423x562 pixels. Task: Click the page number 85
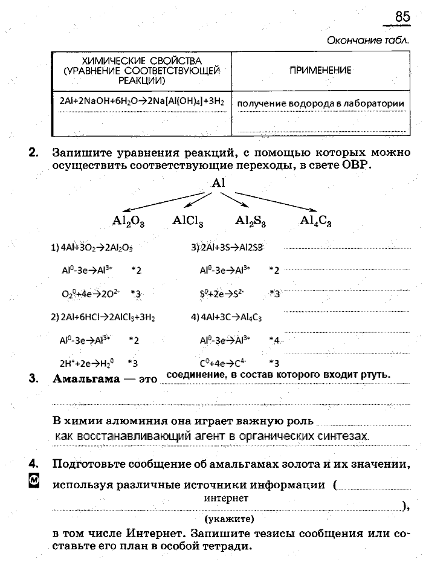(x=402, y=17)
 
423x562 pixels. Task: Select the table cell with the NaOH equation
(x=142, y=102)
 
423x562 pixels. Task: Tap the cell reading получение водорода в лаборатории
(x=320, y=103)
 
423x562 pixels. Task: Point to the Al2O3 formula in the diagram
(x=128, y=222)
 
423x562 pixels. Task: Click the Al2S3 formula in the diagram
(x=251, y=222)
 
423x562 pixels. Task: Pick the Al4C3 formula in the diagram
(x=315, y=222)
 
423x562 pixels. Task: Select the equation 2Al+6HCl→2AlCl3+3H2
(x=103, y=316)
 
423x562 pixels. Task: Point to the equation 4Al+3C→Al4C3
(x=227, y=316)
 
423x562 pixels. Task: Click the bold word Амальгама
(x=91, y=380)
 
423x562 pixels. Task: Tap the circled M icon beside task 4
(x=34, y=481)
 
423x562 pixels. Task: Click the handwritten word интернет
(x=226, y=499)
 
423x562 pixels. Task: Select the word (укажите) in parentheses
(x=229, y=518)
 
